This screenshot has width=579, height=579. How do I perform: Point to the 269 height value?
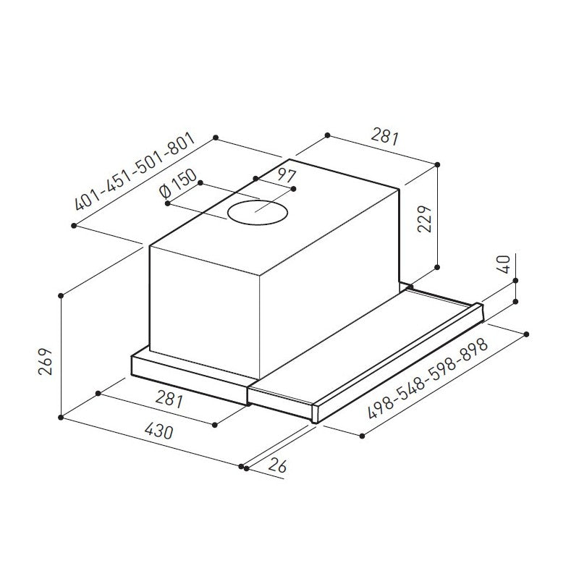(45, 362)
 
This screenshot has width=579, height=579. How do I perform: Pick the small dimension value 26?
(276, 465)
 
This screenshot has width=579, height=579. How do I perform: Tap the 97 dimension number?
(287, 176)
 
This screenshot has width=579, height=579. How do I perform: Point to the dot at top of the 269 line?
(63, 295)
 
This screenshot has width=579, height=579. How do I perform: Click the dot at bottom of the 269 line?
(63, 417)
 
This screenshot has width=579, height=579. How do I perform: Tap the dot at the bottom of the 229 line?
(438, 267)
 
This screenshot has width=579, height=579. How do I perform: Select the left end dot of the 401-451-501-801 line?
(75, 227)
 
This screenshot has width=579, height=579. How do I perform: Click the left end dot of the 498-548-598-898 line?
(361, 434)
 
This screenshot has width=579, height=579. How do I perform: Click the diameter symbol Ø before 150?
(164, 194)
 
